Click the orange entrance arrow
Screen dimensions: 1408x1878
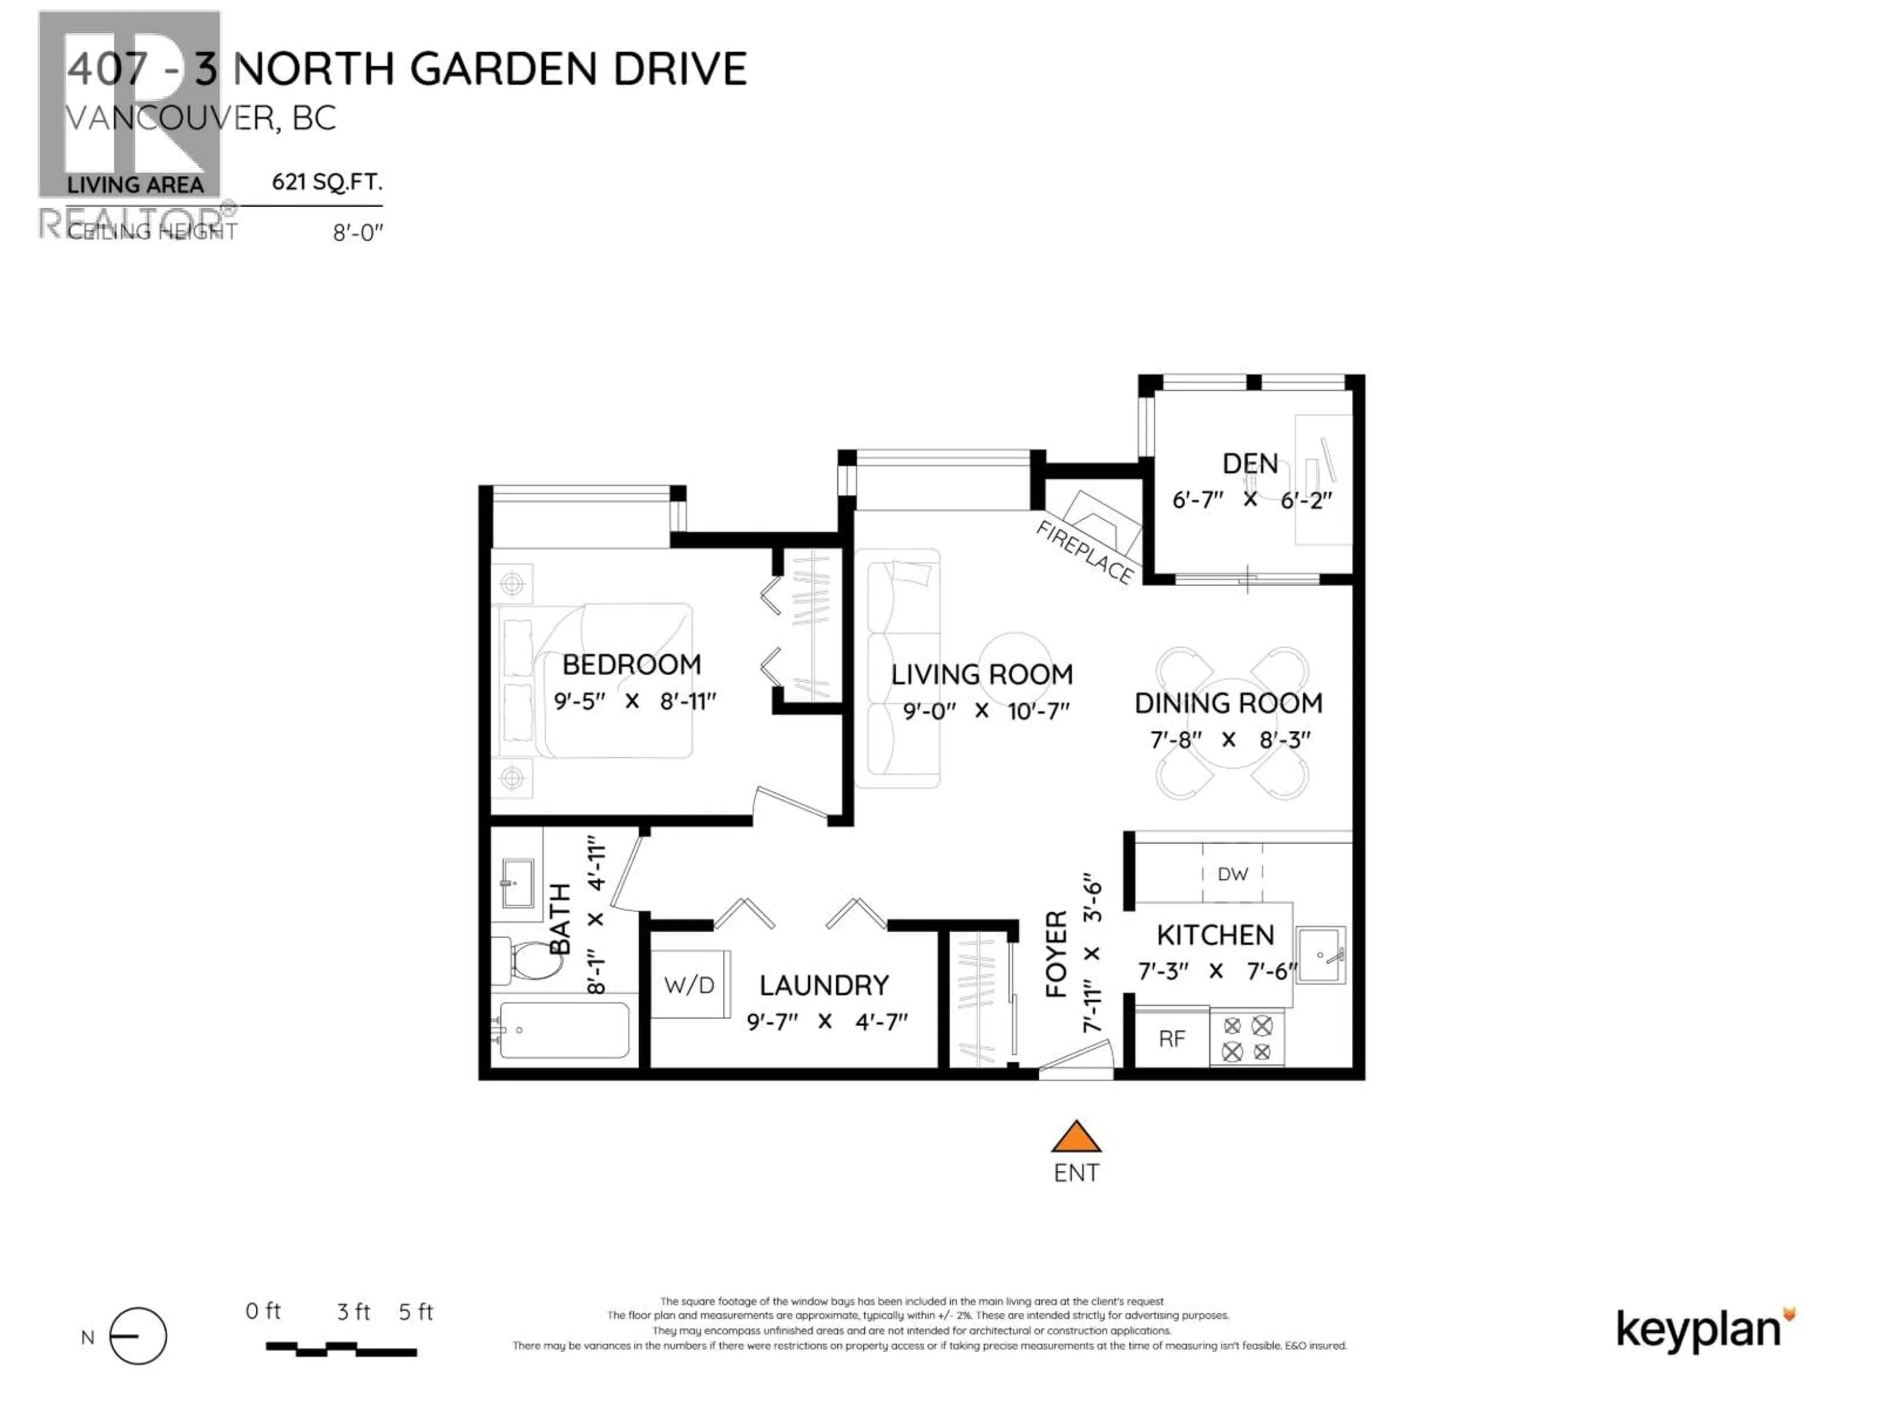(1075, 1137)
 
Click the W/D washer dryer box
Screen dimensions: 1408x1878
(690, 985)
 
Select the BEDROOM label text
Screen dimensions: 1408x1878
(632, 664)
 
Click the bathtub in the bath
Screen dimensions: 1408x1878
(564, 1030)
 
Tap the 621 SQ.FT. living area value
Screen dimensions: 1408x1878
(327, 182)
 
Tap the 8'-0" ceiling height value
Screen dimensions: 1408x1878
(358, 233)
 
